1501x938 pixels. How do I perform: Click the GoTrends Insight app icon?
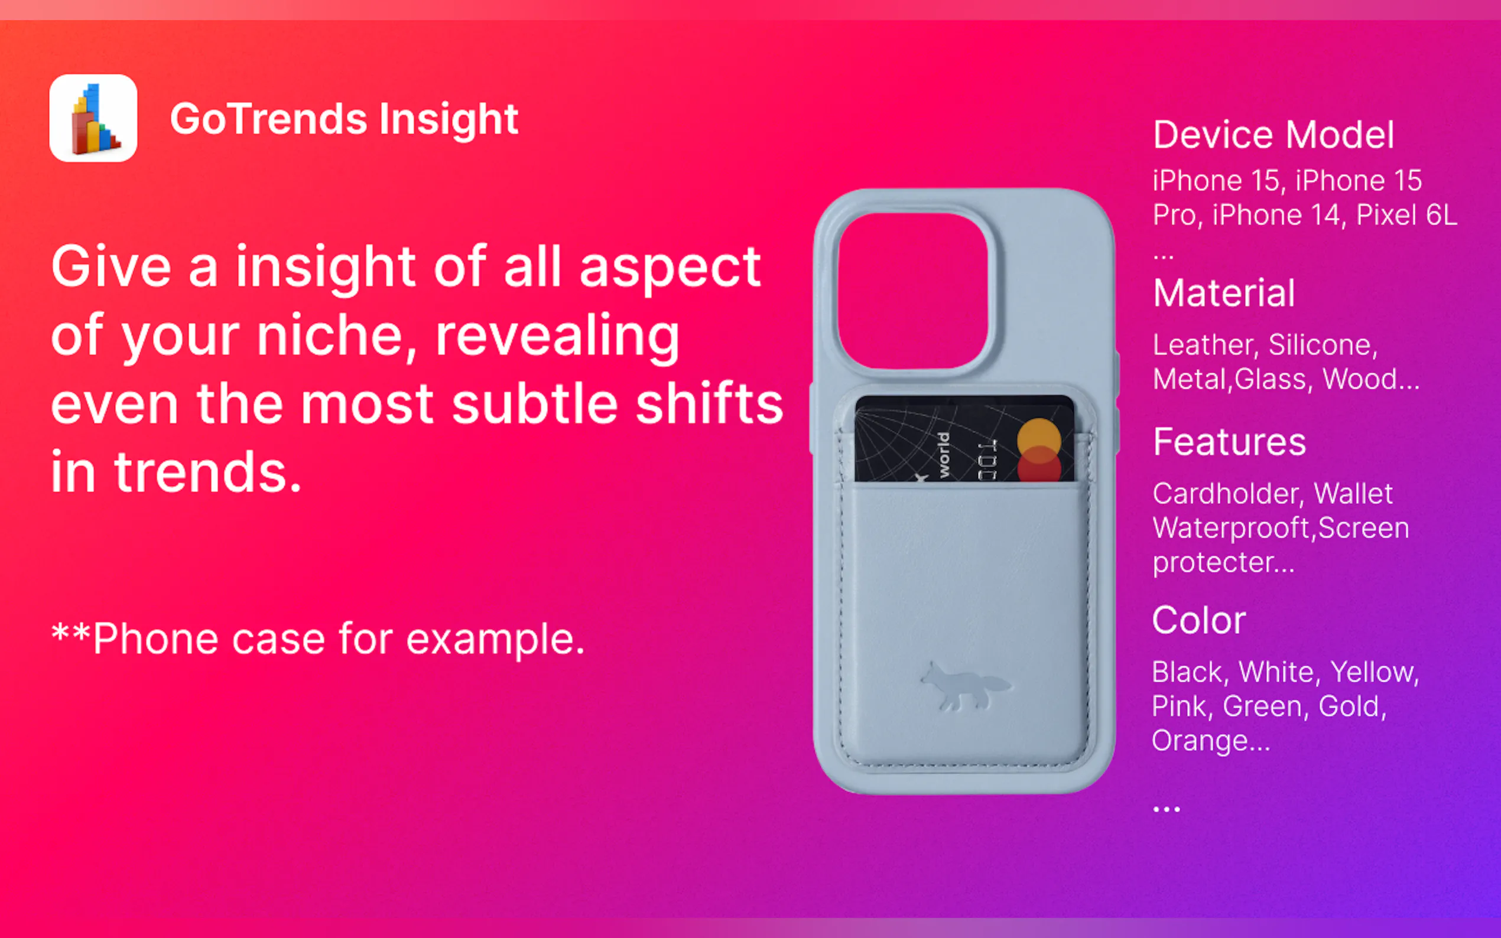pos(93,118)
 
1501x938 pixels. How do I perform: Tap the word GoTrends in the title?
pos(269,119)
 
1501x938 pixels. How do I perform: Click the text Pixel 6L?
pos(1406,214)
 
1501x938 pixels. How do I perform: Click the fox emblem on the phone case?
pos(964,686)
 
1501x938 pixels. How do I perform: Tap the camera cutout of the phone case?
pos(914,291)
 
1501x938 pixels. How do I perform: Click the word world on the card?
pos(943,455)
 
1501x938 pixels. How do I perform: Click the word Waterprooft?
pos(1231,528)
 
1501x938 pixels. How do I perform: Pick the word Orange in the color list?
pos(1211,740)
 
